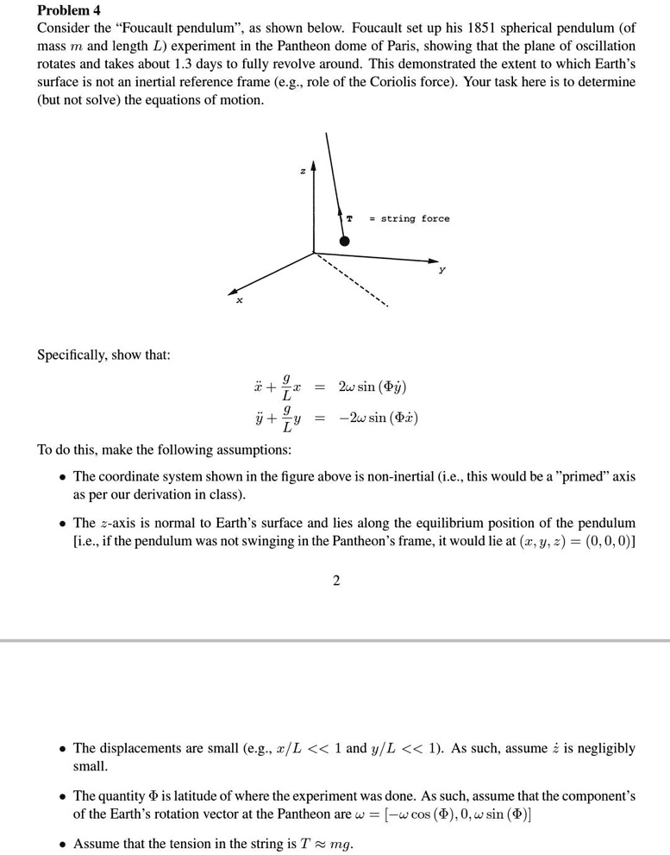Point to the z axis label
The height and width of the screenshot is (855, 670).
(x=301, y=173)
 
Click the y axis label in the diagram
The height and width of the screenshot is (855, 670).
(x=442, y=269)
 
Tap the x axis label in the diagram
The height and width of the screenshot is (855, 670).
(x=240, y=301)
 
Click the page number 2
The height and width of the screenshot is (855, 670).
(x=335, y=581)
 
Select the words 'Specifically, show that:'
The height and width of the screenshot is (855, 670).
(x=103, y=355)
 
